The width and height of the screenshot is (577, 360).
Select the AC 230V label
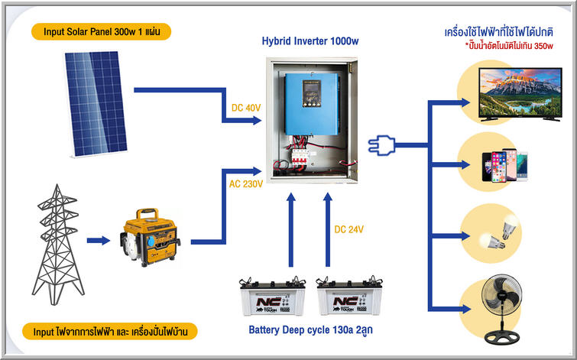(x=246, y=184)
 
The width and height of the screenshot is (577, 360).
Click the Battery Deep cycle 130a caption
(x=310, y=331)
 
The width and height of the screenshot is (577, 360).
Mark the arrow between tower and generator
(x=99, y=242)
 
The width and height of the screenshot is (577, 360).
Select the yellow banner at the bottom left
(x=111, y=332)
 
